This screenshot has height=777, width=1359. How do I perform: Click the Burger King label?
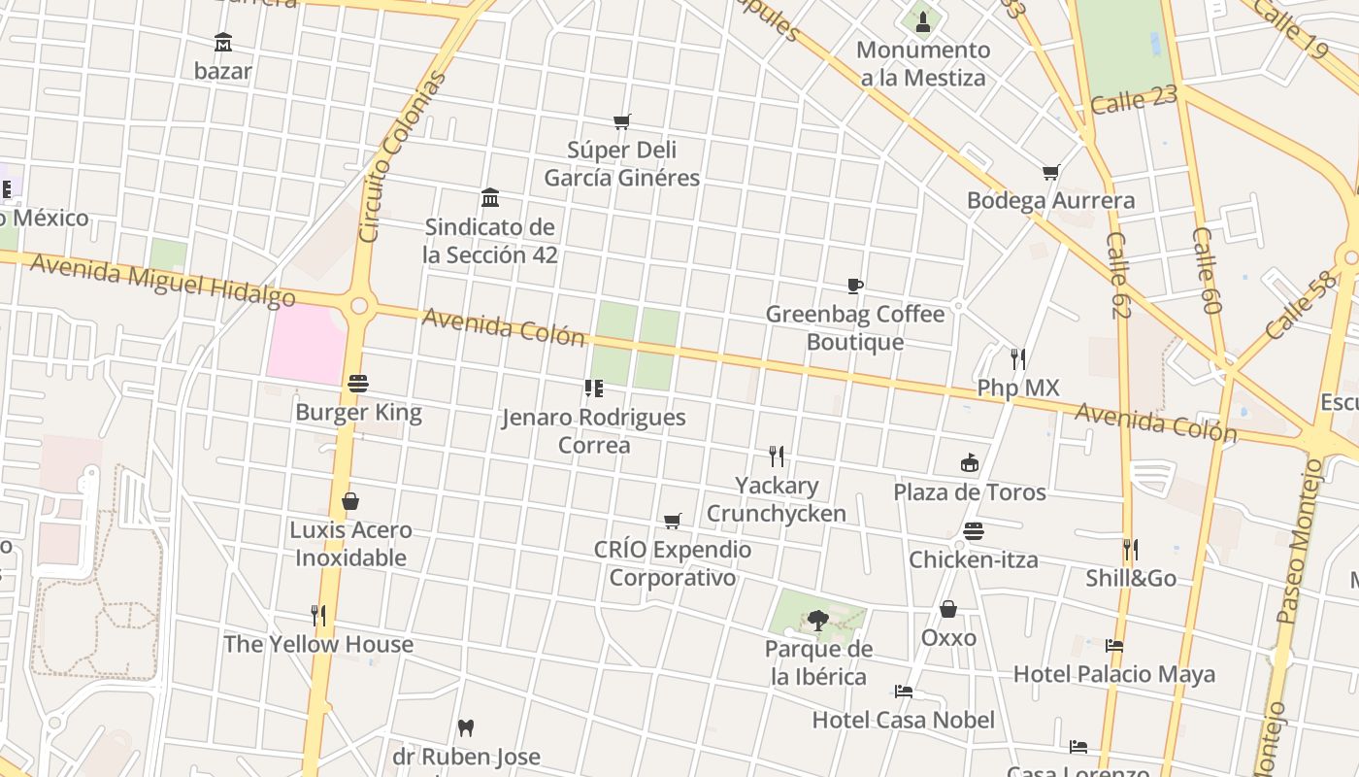coord(358,412)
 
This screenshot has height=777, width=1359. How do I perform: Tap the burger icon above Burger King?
coord(358,384)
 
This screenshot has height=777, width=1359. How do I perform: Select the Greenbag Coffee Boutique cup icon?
coord(855,286)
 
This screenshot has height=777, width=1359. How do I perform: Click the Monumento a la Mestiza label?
coord(923,64)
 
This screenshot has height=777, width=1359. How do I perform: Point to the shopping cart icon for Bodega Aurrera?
coord(1050,173)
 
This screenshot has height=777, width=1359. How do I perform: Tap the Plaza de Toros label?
coord(970,491)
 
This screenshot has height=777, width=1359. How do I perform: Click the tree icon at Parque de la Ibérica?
coord(818,620)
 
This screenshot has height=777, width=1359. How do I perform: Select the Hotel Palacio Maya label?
coord(1113,674)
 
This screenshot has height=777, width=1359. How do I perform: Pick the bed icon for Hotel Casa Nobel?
coord(904,692)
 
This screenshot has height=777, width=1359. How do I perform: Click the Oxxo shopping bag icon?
coord(948,609)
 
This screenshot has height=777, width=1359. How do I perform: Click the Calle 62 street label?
coord(1118,275)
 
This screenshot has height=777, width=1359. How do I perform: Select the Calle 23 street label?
coord(1134,99)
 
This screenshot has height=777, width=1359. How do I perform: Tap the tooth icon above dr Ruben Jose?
coord(466,727)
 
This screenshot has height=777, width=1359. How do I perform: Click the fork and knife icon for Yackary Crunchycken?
coord(777,456)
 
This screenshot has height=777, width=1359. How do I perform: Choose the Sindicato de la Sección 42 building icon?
coord(490,198)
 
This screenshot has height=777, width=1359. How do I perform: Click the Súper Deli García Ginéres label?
coord(621,164)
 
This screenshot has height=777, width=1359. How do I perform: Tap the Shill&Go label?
coord(1131,579)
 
